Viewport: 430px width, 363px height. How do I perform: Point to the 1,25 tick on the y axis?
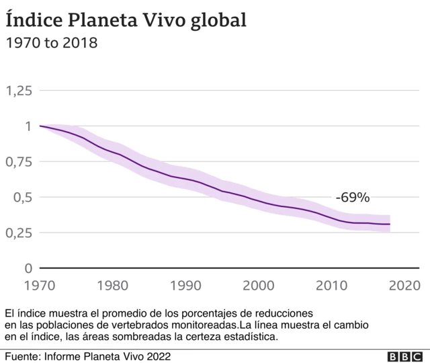tap(19, 91)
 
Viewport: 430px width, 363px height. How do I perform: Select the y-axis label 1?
tap(28, 126)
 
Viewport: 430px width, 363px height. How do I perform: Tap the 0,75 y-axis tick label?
tap(19, 162)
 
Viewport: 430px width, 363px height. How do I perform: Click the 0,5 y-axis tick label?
tap(22, 198)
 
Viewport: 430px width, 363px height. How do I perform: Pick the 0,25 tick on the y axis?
tap(19, 233)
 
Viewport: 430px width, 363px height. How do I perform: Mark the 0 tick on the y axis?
tap(28, 268)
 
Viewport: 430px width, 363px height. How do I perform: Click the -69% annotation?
tap(353, 198)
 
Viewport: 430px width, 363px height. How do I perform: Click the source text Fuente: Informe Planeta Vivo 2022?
tap(87, 355)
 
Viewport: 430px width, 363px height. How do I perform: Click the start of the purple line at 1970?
tap(41, 126)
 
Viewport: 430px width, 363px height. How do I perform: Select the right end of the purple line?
tap(390, 224)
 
